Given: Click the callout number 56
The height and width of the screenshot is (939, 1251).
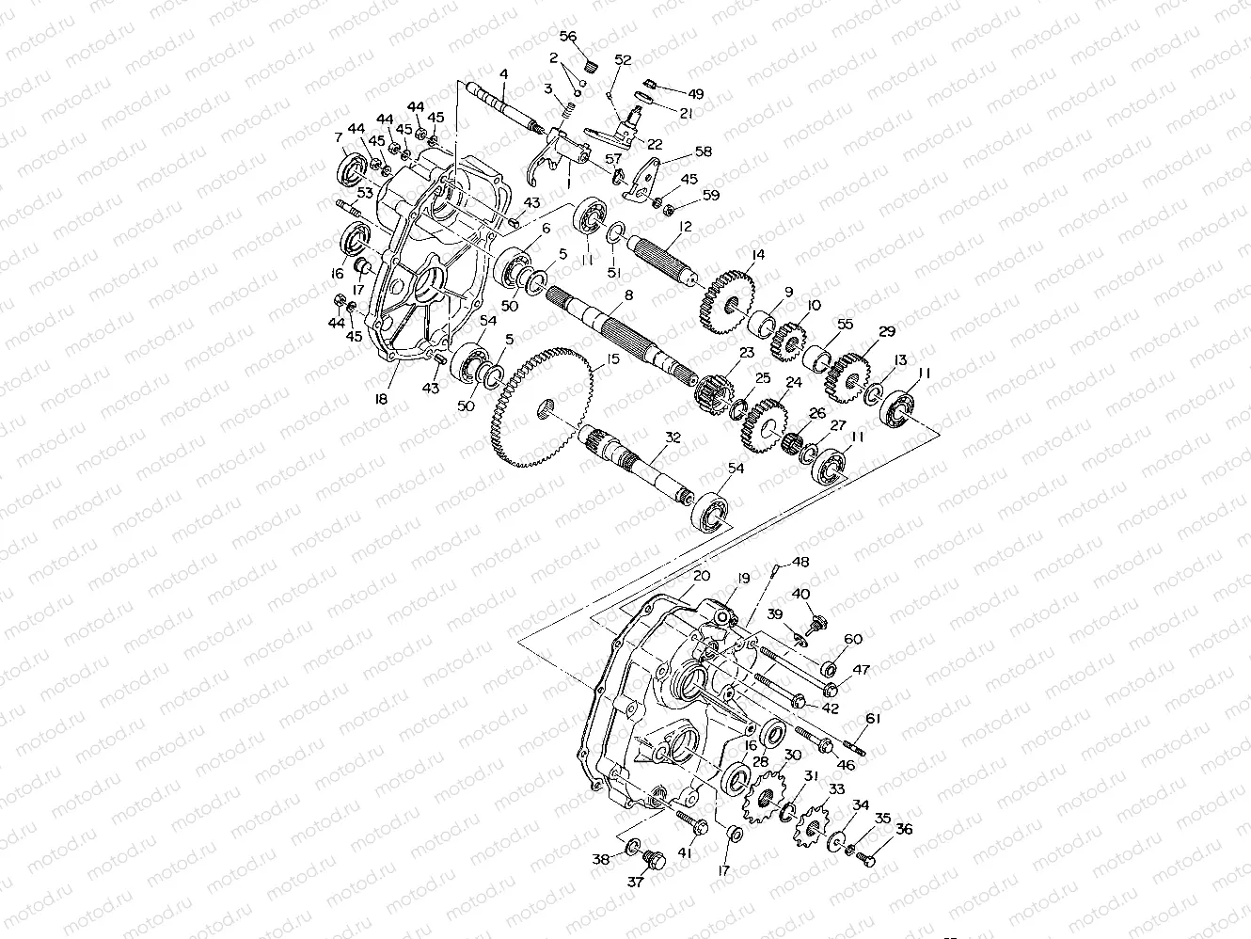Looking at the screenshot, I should click(568, 37).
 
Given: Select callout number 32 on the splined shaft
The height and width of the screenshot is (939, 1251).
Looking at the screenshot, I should click(671, 438).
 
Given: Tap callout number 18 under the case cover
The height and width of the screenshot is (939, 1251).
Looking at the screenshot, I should click(381, 399).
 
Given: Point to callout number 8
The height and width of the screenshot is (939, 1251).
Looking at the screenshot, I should click(628, 295).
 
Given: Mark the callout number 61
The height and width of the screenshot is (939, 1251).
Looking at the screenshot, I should click(873, 719).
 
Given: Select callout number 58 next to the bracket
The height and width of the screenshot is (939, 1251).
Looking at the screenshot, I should click(704, 151).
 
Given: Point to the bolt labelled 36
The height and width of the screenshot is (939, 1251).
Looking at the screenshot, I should click(868, 858).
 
